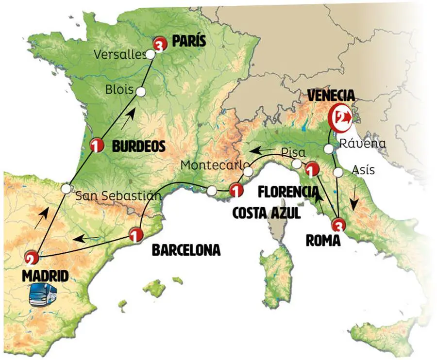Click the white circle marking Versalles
[x=151, y=54]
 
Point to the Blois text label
[x=117, y=90]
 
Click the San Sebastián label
[x=118, y=196]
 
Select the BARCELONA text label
[x=186, y=250]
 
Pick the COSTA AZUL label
[x=266, y=213]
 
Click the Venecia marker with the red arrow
[x=342, y=117]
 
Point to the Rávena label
[x=363, y=144]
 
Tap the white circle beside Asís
[x=338, y=171]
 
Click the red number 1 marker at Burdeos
[x=98, y=144]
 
